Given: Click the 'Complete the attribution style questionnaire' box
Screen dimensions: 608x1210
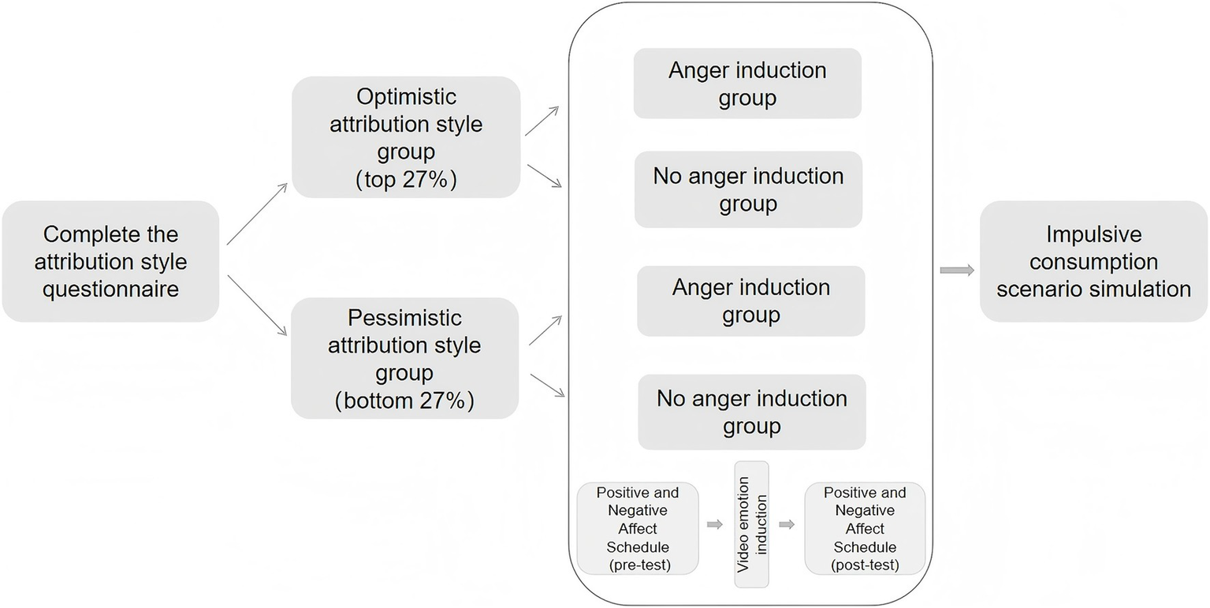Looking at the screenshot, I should point(110,261).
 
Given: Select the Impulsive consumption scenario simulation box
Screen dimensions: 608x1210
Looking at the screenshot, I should point(1093,261).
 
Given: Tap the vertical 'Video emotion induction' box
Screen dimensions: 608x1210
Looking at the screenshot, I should point(751,524).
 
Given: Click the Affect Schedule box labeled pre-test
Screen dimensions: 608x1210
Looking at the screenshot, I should point(638,528).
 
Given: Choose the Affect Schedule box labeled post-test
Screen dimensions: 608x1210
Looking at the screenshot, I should point(865,528).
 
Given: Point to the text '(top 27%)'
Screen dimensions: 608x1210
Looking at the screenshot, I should point(406,179).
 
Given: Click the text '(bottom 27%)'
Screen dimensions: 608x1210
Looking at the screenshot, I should point(405,401).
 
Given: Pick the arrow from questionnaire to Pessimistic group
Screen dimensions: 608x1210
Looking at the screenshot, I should point(258,306).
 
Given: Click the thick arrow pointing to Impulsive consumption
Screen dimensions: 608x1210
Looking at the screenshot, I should point(957,270).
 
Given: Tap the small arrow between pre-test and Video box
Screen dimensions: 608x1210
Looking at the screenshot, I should point(715,524).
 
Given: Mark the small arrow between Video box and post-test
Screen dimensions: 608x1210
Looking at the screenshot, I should point(787,524).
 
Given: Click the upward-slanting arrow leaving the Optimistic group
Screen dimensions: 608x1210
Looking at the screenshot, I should point(542,121).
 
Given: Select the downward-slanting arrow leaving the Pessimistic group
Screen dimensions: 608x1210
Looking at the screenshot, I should point(548,385).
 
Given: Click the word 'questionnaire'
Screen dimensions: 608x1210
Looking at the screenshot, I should point(110,289).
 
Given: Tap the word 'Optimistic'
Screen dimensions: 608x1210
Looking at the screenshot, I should point(406,96).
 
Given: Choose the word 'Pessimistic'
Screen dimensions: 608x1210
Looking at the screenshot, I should point(405,318).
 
